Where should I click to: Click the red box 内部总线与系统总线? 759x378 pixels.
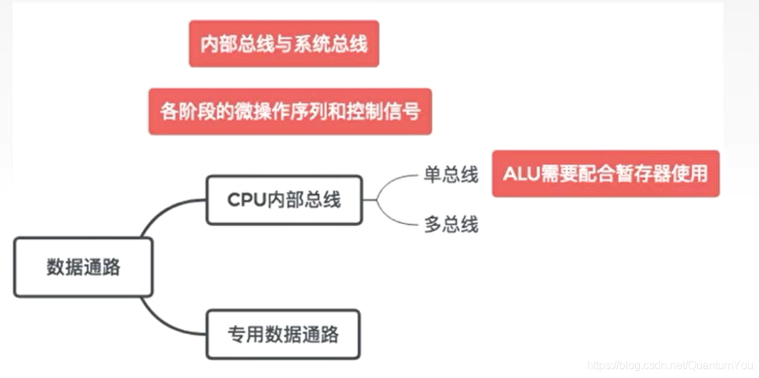pyautogui.click(x=283, y=44)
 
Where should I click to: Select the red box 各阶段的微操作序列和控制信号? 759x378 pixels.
pyautogui.click(x=290, y=111)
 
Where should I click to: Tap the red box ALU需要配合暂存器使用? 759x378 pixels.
pyautogui.click(x=605, y=173)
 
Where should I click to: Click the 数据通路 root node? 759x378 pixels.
pyautogui.click(x=83, y=267)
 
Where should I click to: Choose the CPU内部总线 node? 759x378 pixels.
pyautogui.click(x=284, y=200)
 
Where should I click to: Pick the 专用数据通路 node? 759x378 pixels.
pyautogui.click(x=283, y=334)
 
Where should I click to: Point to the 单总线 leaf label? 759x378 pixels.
pyautogui.click(x=451, y=175)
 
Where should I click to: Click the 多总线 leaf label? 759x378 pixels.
pyautogui.click(x=451, y=225)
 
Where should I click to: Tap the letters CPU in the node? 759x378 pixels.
pyautogui.click(x=246, y=200)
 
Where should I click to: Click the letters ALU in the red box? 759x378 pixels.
pyautogui.click(x=519, y=173)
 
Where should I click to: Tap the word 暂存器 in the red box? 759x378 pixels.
pyautogui.click(x=643, y=173)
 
